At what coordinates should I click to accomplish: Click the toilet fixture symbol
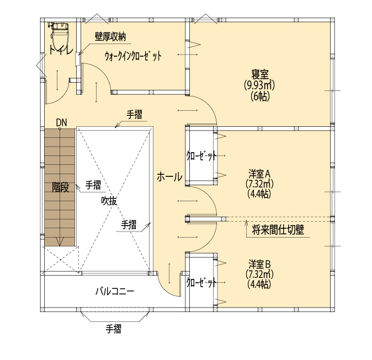click(x=57, y=35)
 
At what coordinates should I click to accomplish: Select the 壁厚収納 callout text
click(x=110, y=36)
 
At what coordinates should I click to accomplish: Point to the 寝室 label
click(x=259, y=75)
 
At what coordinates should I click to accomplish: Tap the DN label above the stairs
click(x=61, y=122)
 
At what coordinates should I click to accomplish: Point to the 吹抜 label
click(x=109, y=201)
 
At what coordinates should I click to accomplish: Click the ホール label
click(x=169, y=177)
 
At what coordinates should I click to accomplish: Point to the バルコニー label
click(x=114, y=290)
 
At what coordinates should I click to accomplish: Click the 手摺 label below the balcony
click(x=114, y=330)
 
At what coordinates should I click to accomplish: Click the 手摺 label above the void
click(x=135, y=115)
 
